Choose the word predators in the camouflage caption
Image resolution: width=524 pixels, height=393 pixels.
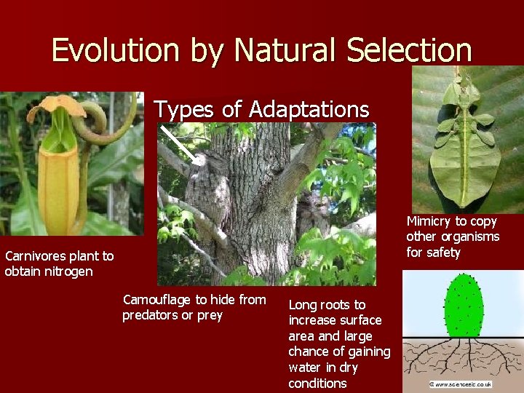151,315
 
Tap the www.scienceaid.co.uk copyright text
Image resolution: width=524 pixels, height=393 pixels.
461,384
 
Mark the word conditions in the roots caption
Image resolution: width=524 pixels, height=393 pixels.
317,383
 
